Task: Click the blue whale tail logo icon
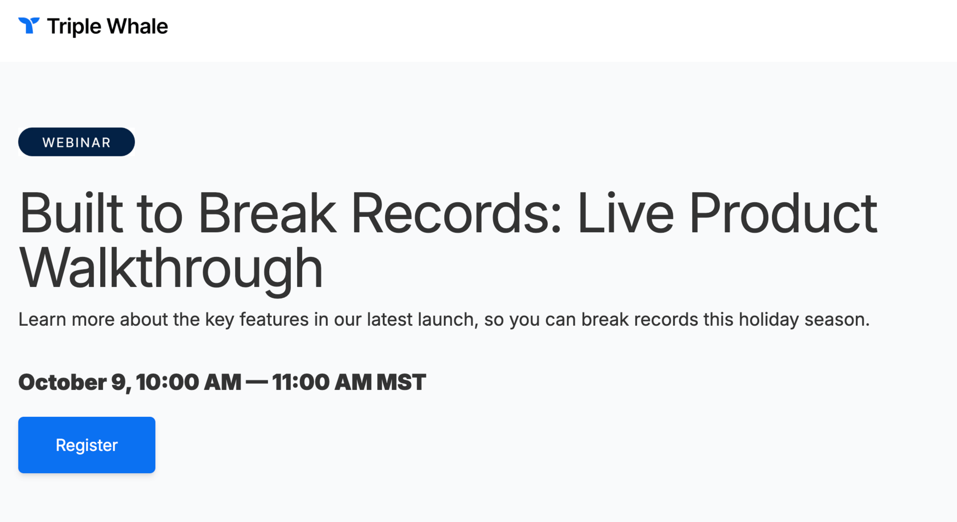(29, 25)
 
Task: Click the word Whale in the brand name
(137, 26)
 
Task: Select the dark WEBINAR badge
(76, 142)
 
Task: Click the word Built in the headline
(71, 213)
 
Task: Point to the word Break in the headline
(267, 213)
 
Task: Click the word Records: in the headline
(457, 213)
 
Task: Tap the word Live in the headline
(625, 213)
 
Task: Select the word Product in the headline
(783, 213)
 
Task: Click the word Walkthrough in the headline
(171, 269)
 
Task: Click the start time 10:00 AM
(188, 383)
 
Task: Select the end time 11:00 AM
(322, 383)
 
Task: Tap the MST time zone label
(401, 383)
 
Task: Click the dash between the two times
(257, 383)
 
